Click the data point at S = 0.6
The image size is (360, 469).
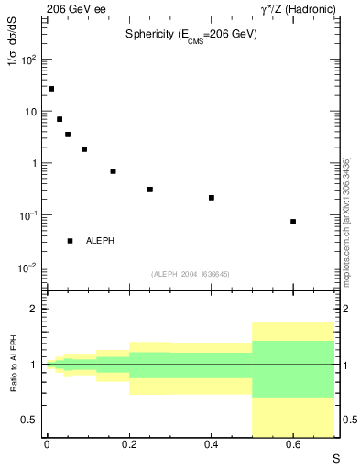point(293,222)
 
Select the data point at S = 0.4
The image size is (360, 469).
point(211,198)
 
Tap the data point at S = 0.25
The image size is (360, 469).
point(149,190)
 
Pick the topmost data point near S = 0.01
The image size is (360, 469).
point(51,89)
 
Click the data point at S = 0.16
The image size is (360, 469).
point(113,171)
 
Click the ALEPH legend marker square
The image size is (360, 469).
point(70,241)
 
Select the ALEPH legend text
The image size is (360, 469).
point(100,241)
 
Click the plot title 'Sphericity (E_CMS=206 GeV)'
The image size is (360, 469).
point(191,34)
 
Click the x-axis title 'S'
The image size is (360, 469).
point(334,459)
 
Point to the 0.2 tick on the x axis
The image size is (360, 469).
point(129,444)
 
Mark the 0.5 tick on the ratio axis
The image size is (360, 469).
point(30,420)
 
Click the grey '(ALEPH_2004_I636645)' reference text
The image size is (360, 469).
point(191,274)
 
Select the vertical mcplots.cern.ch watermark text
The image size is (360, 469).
point(345,221)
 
